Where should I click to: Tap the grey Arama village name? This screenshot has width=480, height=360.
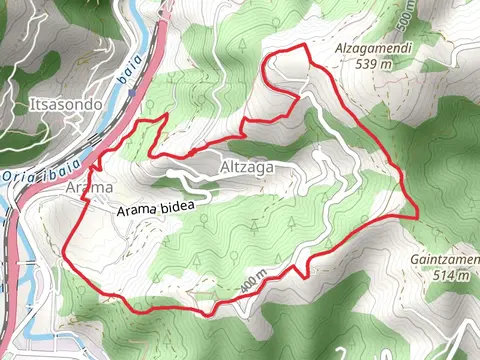click(89, 187)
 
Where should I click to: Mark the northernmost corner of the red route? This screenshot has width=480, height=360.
click(299, 47)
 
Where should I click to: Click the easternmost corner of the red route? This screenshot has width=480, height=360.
click(416, 214)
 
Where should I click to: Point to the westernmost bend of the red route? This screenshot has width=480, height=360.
click(65, 252)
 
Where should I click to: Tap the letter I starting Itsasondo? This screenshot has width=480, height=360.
click(33, 103)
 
